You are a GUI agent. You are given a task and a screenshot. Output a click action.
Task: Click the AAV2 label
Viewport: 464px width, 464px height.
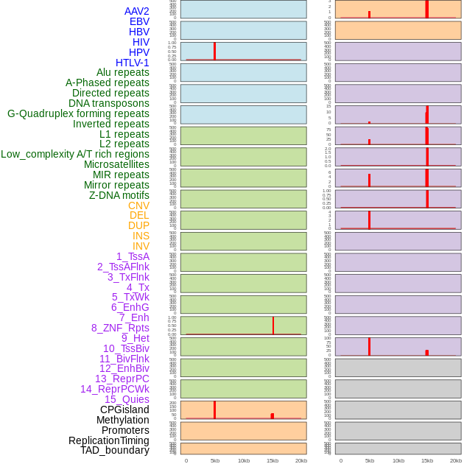tap(136, 11)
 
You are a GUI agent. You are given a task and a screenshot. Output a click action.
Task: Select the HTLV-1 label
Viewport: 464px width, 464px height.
tap(132, 63)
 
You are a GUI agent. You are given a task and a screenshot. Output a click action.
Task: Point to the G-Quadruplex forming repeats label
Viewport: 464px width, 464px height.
tap(78, 113)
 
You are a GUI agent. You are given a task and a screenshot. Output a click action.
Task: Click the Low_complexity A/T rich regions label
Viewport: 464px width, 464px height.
tap(74, 154)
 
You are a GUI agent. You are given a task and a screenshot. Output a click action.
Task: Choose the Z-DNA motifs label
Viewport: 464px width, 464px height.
tap(119, 195)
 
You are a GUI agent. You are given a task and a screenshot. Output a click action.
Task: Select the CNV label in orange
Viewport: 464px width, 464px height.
tap(138, 205)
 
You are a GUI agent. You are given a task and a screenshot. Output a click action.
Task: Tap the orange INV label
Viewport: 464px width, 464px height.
tap(141, 246)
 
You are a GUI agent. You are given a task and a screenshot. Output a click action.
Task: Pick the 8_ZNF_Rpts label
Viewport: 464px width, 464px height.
tap(120, 328)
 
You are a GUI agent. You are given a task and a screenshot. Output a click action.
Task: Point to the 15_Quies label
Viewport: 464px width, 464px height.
tap(127, 399)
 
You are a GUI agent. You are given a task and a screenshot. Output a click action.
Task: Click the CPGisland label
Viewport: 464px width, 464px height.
tap(124, 409)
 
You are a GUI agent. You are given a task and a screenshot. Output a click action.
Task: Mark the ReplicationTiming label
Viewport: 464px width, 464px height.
tap(109, 440)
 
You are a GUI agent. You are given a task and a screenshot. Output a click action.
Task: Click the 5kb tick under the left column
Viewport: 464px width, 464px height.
tap(215, 460)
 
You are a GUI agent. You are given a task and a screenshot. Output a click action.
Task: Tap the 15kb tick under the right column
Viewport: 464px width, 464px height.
tap(427, 460)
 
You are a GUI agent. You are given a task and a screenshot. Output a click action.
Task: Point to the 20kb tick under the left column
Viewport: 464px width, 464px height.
tap(301, 460)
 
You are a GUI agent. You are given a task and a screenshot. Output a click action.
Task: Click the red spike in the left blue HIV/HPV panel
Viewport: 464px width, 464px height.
tap(214, 51)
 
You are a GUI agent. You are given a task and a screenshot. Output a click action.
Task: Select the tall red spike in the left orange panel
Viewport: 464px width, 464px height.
tap(214, 409)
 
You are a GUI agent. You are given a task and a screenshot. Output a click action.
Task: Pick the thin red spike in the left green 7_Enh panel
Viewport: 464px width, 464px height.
tap(273, 326)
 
